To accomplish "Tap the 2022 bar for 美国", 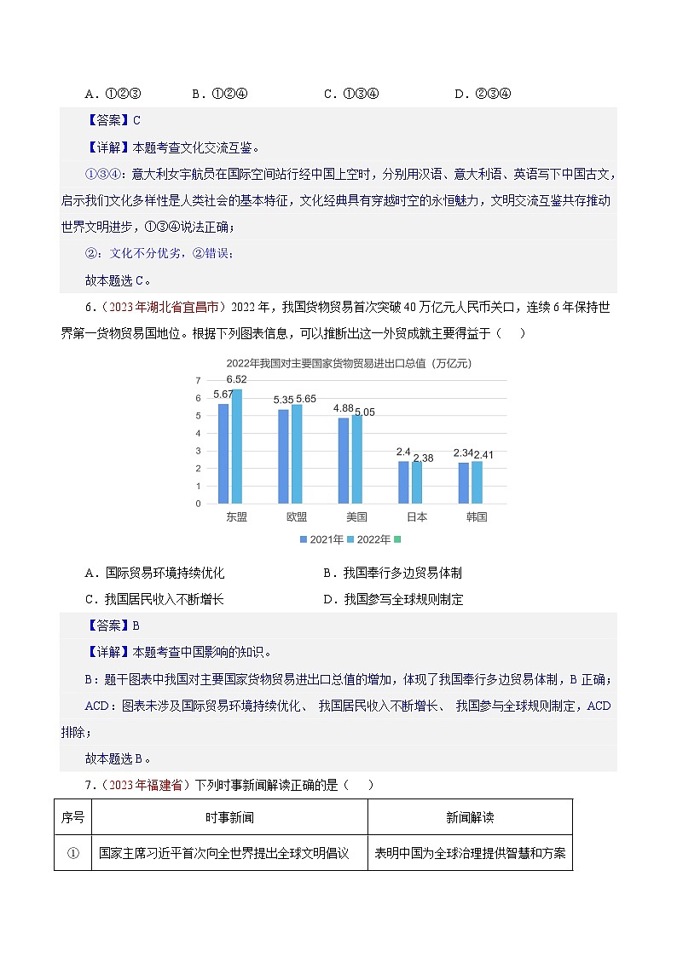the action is [x=357, y=459].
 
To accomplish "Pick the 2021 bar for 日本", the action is [x=403, y=482].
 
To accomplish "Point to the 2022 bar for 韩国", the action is [x=477, y=482].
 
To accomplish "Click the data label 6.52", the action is [x=237, y=380].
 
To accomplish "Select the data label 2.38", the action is [x=423, y=458].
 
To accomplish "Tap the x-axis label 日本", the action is [x=416, y=516].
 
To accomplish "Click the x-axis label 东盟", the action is [x=236, y=516].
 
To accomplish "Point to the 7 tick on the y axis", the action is [x=198, y=380].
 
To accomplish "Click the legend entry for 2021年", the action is [x=321, y=539].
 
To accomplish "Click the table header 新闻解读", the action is [x=469, y=817].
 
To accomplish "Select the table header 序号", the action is [x=72, y=817].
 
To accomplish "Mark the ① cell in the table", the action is [x=72, y=853].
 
